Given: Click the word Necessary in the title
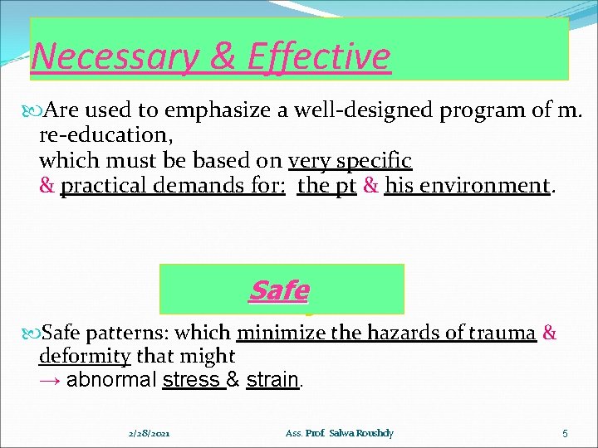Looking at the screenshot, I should click(105, 57).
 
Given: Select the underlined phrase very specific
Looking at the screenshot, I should click(350, 160).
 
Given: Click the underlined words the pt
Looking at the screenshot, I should click(326, 185).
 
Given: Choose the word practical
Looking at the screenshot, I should click(104, 185).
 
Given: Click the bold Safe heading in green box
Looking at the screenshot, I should click(278, 290).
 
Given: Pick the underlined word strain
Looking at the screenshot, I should click(272, 381).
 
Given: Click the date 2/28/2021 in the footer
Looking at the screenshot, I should click(151, 433).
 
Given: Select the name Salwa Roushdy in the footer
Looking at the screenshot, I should click(362, 433).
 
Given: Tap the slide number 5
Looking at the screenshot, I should click(564, 433).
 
